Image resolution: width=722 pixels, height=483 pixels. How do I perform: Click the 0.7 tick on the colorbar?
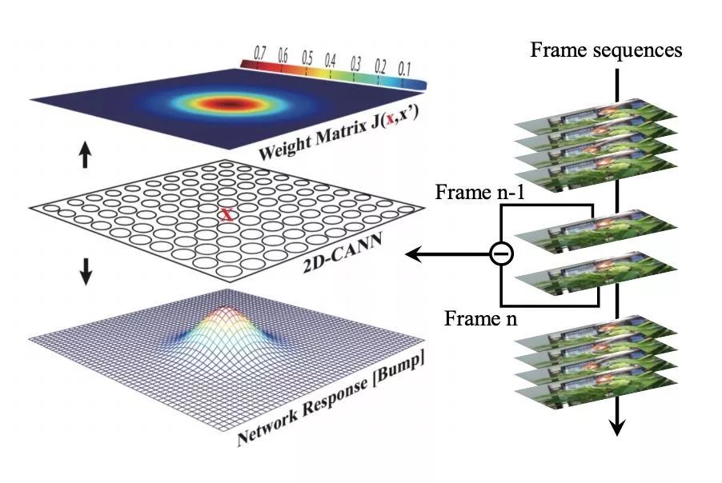click(260, 52)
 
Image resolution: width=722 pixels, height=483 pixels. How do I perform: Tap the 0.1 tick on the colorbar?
click(404, 67)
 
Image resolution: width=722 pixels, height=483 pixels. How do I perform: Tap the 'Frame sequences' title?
click(606, 50)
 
